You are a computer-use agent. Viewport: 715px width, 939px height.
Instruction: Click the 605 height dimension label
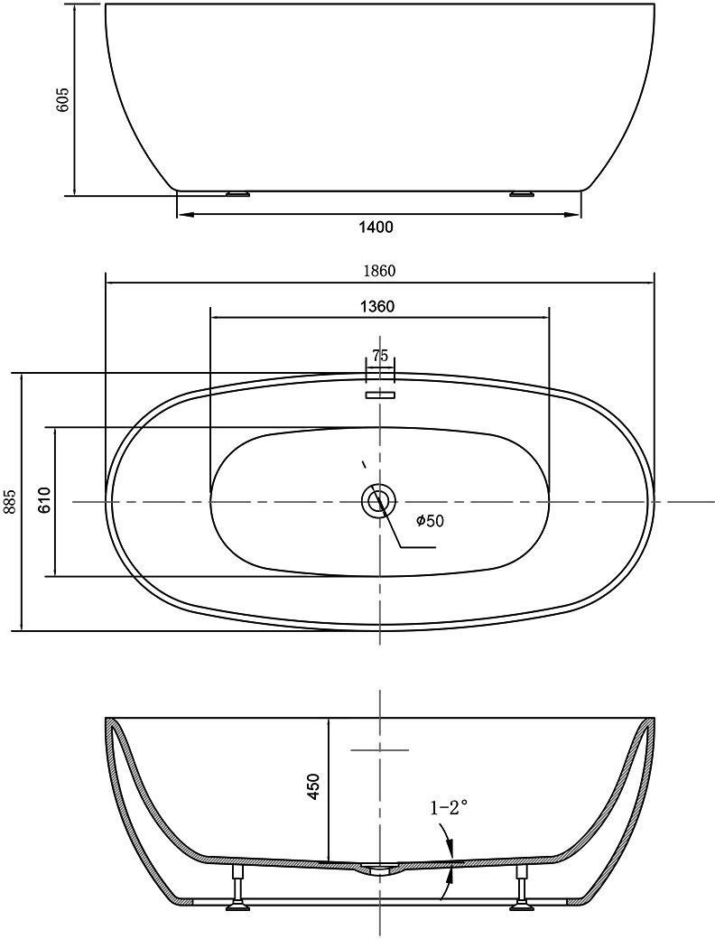point(63,99)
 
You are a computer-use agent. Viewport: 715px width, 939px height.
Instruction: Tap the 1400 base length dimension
point(376,227)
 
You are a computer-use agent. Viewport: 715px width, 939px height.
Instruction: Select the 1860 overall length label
point(380,271)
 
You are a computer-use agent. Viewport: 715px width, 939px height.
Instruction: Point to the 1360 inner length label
point(378,307)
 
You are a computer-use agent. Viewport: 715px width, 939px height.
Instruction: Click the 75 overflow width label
point(380,355)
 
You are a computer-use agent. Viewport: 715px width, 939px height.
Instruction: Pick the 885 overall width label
point(10,501)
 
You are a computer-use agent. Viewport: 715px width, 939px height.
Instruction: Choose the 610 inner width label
point(44,500)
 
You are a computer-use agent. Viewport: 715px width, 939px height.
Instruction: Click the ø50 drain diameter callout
point(430,521)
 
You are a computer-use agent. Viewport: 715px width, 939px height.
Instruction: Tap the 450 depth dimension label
point(313,786)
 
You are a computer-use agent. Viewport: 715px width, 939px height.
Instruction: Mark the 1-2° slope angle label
point(449,808)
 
